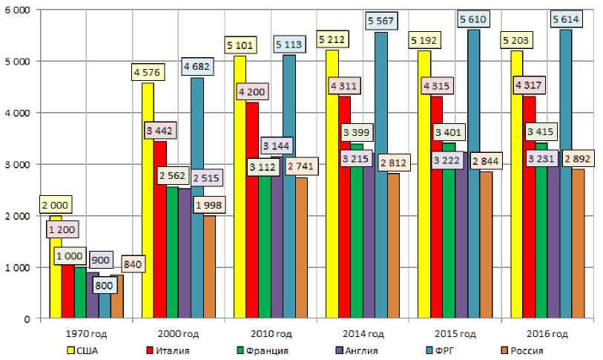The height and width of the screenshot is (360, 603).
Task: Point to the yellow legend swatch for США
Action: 70,350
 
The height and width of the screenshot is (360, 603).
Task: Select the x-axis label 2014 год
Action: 363,333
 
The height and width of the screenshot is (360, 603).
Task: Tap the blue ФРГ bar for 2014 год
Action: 380,186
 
